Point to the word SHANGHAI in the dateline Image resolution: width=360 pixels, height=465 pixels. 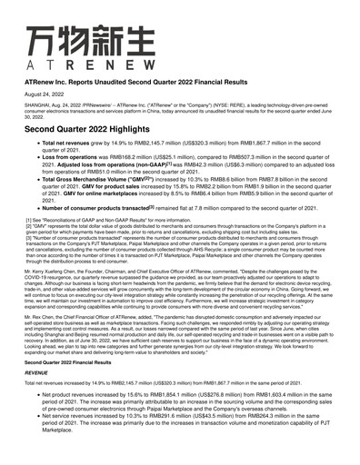pyautogui.click(x=38, y=107)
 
